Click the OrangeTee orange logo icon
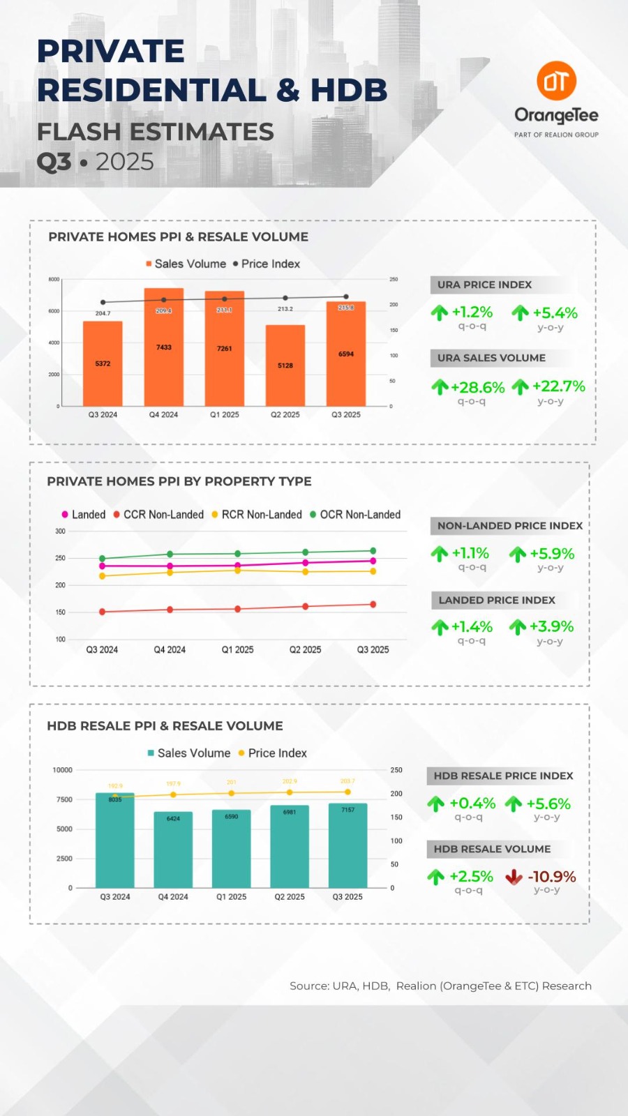(556, 81)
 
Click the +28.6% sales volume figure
(477, 387)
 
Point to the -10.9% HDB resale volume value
(552, 877)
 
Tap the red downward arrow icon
(514, 877)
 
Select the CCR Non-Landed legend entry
(159, 515)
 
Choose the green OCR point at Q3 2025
(373, 551)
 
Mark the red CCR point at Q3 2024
(103, 612)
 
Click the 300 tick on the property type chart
(60, 531)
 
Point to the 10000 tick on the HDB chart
(62, 770)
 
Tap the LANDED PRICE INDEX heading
(497, 600)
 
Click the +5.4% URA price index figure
(555, 312)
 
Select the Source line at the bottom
(440, 986)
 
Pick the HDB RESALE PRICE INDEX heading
(503, 776)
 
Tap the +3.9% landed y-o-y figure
(551, 626)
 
